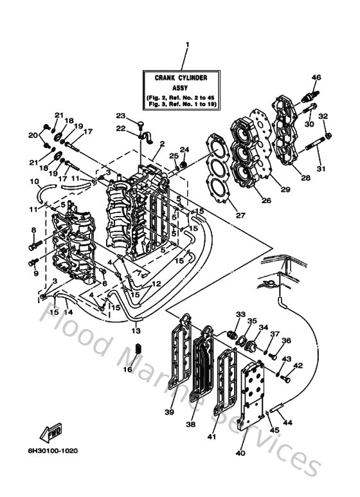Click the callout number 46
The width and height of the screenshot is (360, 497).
316,78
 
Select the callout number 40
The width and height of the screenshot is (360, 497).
242,453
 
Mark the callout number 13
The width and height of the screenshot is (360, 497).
136,330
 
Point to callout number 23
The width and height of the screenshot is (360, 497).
120,115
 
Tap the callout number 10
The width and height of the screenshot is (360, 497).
35,181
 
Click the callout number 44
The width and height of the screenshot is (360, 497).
287,422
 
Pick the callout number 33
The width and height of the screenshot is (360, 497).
240,314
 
